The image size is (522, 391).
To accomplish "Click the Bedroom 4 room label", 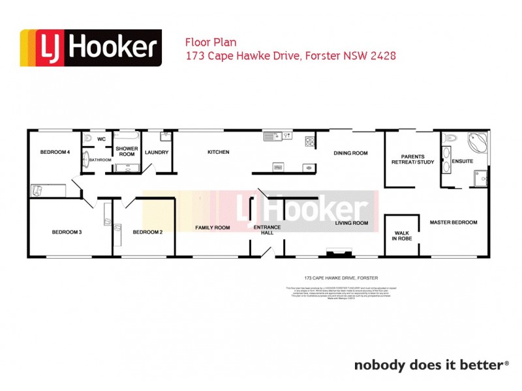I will click(55, 152).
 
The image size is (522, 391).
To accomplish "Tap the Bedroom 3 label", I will click(67, 232).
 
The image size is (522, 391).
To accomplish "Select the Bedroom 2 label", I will click(147, 232).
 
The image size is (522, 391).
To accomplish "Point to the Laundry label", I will click(157, 152).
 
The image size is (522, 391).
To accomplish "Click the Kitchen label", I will click(219, 152).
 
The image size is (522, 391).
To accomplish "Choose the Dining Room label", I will click(351, 153).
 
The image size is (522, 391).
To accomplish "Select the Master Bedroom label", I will click(453, 222).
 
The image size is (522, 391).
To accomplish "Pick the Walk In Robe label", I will click(401, 235).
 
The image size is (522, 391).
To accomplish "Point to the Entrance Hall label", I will click(267, 230).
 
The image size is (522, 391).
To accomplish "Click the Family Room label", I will click(213, 227).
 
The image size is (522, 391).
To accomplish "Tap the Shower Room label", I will click(127, 151).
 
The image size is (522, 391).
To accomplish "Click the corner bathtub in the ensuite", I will click(477, 142).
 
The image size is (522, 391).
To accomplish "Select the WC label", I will click(101, 139).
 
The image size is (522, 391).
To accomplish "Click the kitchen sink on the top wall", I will click(273, 137).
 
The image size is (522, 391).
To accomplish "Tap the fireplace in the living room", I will click(338, 252).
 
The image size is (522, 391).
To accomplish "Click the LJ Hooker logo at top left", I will click(91, 48).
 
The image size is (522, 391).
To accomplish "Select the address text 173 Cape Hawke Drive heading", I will click(291, 56).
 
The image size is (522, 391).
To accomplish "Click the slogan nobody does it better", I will click(431, 365).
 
